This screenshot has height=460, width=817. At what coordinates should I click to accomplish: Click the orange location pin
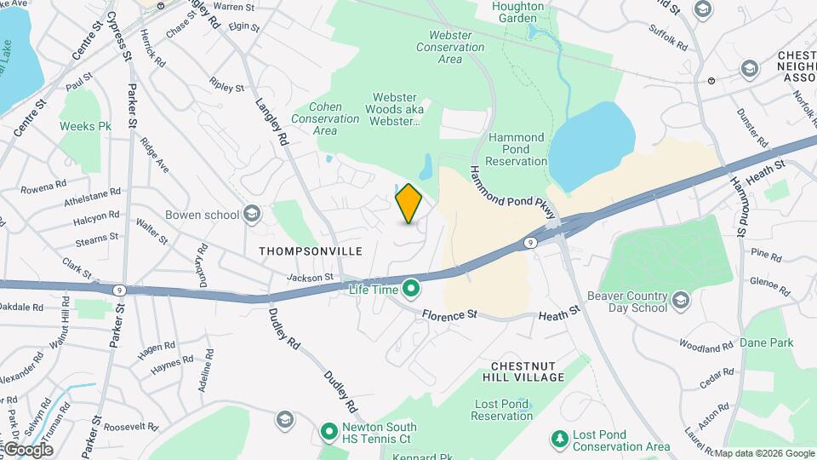[x=409, y=203]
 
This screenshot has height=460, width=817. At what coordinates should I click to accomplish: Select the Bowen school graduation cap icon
[x=251, y=213]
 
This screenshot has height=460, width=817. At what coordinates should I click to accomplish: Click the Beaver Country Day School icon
[x=680, y=299]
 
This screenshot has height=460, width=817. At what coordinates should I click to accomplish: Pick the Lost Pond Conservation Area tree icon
[x=560, y=440]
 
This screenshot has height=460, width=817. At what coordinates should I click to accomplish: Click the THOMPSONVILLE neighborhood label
[x=311, y=251]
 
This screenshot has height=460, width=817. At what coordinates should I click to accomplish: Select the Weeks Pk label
[x=86, y=126]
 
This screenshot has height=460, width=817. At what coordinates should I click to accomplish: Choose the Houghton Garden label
[x=517, y=12]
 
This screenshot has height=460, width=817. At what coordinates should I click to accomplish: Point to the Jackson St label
[x=310, y=277]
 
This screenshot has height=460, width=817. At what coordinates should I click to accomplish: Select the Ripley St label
[x=227, y=87]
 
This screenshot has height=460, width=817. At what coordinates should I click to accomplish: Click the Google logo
[x=27, y=449]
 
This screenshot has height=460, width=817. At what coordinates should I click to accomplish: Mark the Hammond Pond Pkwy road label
[x=511, y=193]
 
